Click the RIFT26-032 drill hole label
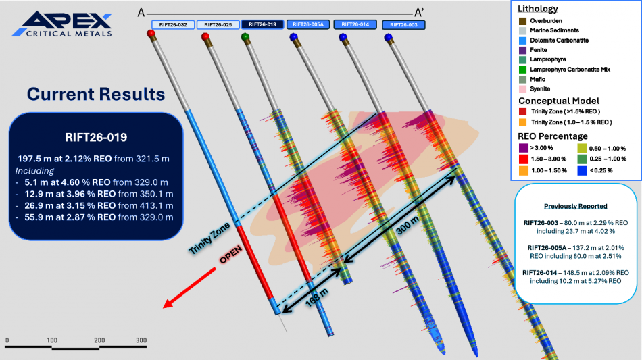coord(173,24)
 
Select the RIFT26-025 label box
coord(218,24)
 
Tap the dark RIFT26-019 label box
coord(262,24)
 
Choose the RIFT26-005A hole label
coord(308,24)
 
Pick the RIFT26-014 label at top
coord(355,24)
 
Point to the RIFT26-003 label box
coord(403,25)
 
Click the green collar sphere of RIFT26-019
coord(245,37)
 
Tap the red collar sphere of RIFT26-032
coord(151,34)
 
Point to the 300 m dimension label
coord(408,225)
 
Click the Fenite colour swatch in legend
coord(523,50)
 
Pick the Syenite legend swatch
coord(523,89)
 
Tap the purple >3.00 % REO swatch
coord(523,148)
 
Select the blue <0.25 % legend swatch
coord(582,170)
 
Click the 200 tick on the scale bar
coord(99,340)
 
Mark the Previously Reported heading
coord(575,206)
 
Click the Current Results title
coord(96,94)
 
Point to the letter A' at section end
coord(419,13)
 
